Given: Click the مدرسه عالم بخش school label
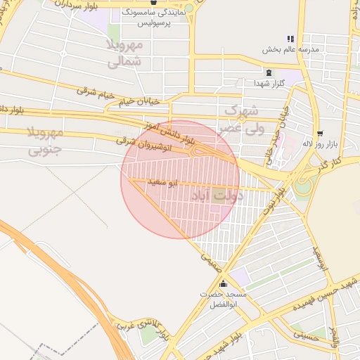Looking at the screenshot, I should (x=291, y=49).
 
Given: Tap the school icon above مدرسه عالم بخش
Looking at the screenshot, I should (x=290, y=39).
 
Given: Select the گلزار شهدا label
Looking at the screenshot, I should (x=269, y=83).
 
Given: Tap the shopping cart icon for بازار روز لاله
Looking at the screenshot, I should (x=321, y=133).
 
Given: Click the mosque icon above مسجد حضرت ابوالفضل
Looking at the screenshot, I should (x=224, y=284).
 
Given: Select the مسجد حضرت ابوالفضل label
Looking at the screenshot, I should (x=223, y=299).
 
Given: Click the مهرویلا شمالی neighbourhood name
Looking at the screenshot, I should (x=125, y=53).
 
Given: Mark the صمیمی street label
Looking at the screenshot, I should (x=210, y=263).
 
